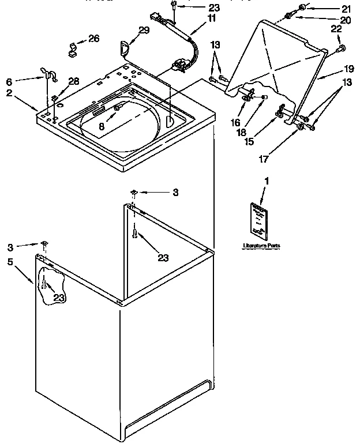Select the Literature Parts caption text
click(261, 246)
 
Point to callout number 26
click(93, 39)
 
